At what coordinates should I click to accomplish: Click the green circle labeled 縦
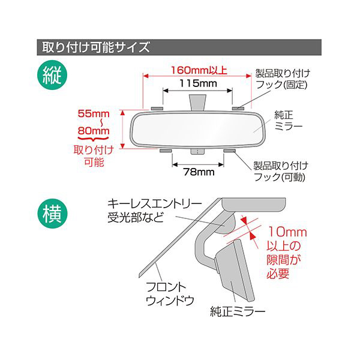(52, 75)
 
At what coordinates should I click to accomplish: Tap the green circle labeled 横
(52, 213)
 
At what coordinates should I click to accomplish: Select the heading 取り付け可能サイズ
(96, 47)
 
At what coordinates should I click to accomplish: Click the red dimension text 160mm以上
(199, 70)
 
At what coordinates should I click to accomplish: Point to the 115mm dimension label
(198, 83)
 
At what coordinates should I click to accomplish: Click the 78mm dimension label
(199, 172)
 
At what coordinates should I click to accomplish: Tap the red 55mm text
(94, 113)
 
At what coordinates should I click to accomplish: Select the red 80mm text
(94, 131)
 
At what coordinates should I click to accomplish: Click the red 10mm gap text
(287, 232)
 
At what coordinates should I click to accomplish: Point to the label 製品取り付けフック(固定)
(283, 79)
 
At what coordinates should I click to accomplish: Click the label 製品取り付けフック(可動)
(281, 171)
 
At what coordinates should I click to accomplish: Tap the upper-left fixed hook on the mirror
(157, 109)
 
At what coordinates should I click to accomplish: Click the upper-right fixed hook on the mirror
(238, 109)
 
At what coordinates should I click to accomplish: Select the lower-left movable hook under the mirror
(166, 151)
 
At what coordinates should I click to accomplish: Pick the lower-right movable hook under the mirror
(230, 151)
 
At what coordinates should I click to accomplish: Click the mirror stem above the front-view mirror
(197, 103)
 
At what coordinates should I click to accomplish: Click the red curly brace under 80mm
(94, 139)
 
